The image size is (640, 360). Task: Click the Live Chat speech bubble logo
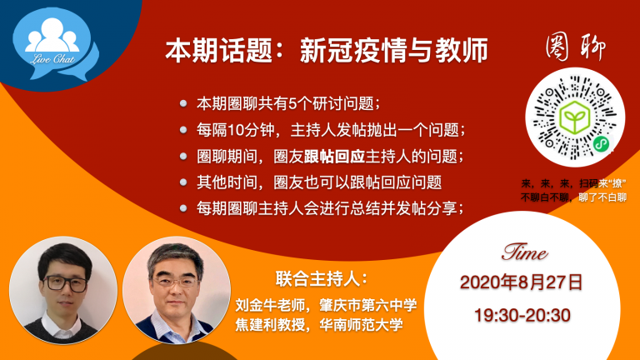tap(55, 44)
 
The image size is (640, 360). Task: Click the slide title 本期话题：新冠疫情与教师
tap(327, 51)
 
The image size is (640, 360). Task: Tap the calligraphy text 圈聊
tap(575, 47)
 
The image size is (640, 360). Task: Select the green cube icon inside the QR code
tap(575, 117)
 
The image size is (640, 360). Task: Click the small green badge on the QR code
tap(601, 143)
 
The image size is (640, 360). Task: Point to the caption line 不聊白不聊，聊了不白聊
tap(573, 198)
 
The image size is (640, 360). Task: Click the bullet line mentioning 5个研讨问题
tap(288, 103)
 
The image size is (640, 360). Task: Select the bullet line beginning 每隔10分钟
tap(331, 130)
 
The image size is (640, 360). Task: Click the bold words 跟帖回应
tap(334, 157)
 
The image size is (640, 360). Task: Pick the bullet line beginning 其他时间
tap(319, 182)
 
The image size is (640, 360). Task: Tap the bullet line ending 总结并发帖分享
tap(330, 208)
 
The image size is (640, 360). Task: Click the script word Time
tap(524, 252)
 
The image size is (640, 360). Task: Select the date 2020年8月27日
tap(522, 282)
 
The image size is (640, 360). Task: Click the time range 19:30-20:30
tap(522, 316)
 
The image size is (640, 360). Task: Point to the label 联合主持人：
tap(322, 279)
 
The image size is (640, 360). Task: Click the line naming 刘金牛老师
tap(326, 305)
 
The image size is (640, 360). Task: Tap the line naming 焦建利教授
tap(319, 325)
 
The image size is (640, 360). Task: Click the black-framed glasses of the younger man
tap(65, 283)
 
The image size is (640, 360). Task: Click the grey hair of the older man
tap(176, 258)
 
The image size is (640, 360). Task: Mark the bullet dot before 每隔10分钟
tap(183, 130)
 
